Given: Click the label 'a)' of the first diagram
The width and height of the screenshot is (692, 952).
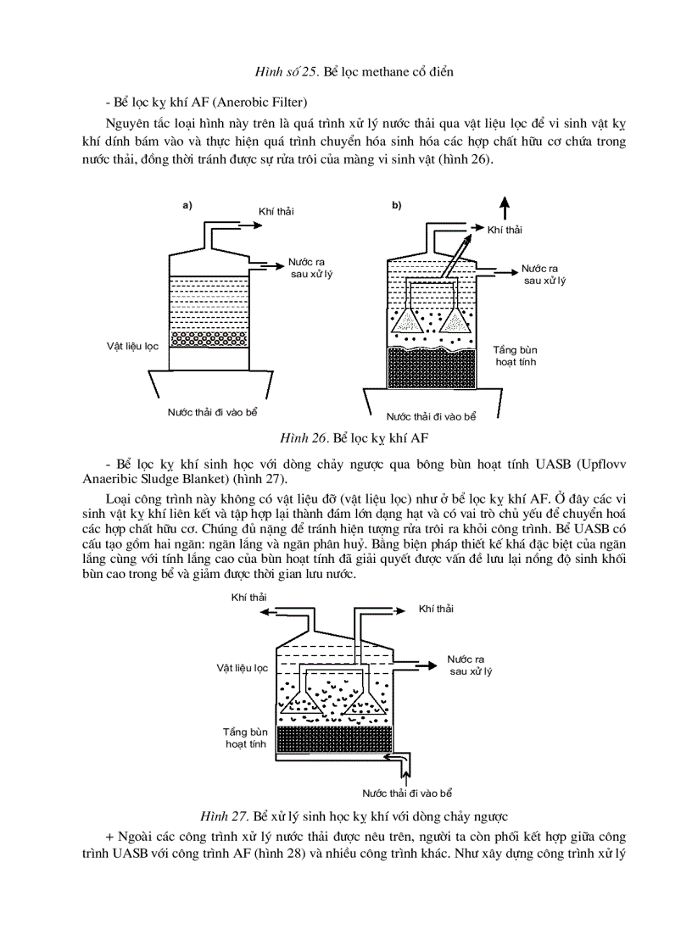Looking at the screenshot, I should pos(187,204).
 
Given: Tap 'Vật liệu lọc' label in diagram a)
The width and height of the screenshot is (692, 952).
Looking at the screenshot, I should pos(132,346).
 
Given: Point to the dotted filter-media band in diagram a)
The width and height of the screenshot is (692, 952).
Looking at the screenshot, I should pos(209,338).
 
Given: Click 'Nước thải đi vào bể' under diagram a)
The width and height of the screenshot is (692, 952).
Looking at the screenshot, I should pos(212,411).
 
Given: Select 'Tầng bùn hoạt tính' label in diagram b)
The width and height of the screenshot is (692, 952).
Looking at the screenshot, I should pos(516,355).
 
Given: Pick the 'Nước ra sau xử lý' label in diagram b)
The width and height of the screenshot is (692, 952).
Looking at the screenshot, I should pos(544,274).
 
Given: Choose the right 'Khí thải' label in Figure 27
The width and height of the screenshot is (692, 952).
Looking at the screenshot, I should pos(436,609).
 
